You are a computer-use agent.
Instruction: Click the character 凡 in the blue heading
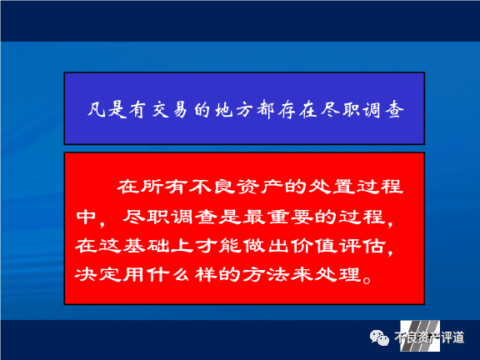pos(97,109)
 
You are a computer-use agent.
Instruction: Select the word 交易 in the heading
pos(170,109)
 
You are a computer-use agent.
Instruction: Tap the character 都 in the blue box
pos(265,109)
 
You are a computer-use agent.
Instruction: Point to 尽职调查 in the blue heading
pos(362,109)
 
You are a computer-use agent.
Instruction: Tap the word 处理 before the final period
pos(337,274)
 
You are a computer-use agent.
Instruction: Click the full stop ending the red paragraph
pos(366,279)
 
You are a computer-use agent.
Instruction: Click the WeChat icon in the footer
pos(379,338)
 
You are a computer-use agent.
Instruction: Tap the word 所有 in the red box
pos(152,187)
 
